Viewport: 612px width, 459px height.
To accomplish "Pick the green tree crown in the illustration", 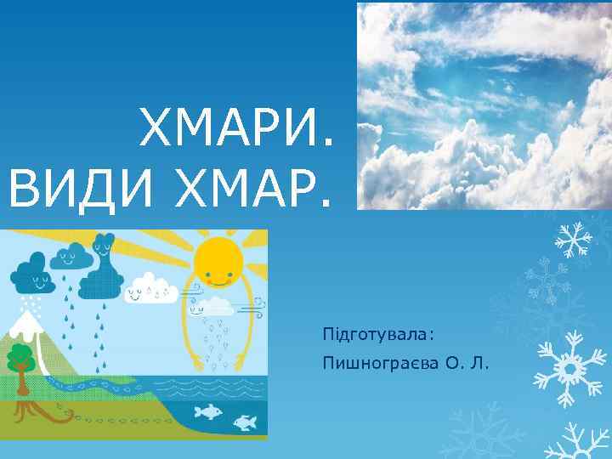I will (x=20, y=357).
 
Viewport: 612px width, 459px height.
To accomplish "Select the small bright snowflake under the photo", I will (x=574, y=238).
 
